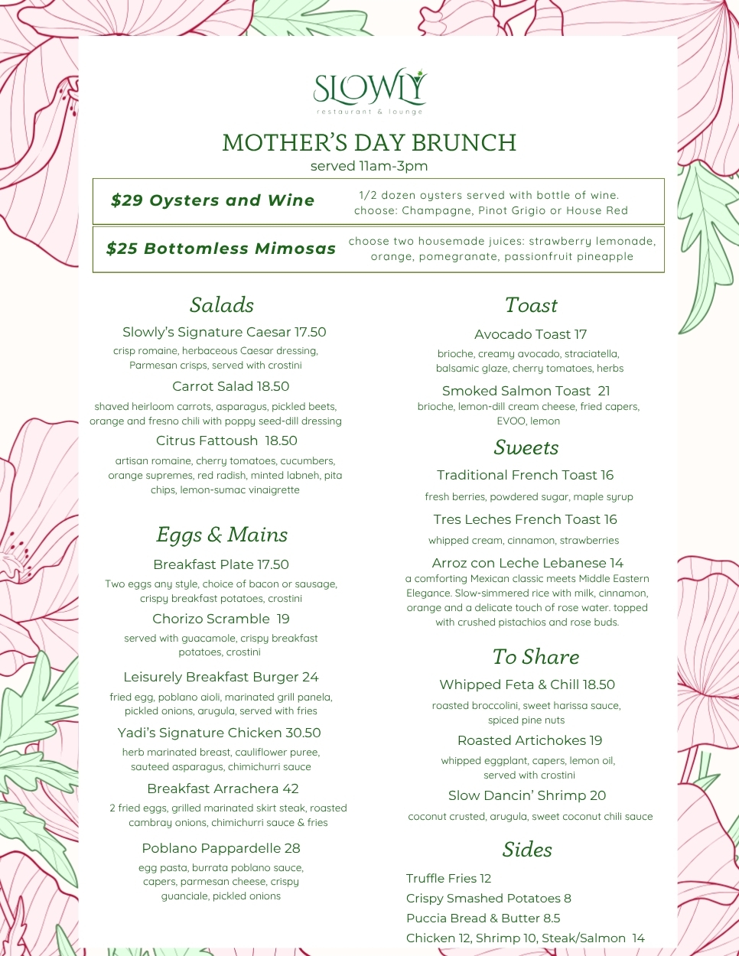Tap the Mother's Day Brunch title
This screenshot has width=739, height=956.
[x=369, y=143]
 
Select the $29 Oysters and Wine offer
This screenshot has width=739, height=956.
[x=213, y=200]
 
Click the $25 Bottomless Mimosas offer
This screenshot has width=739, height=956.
[x=221, y=249]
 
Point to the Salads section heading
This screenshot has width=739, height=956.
[x=222, y=305]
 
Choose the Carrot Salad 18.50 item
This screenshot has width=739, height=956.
[x=230, y=386]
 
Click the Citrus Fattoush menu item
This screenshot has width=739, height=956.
[x=226, y=441]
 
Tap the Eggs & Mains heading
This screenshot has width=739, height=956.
[x=222, y=535]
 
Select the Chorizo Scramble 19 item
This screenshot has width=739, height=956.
[x=221, y=619]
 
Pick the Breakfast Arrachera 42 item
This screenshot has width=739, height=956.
[x=223, y=789]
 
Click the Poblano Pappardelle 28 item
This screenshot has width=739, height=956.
[x=221, y=848]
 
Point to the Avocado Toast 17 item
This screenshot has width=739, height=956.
[x=530, y=334]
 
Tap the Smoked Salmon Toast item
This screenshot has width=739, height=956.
[x=526, y=391]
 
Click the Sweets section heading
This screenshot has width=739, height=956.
[x=526, y=447]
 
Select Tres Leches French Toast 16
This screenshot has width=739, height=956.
[x=525, y=519]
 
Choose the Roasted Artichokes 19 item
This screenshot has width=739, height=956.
[x=529, y=740]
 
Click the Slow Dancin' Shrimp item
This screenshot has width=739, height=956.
[x=527, y=795]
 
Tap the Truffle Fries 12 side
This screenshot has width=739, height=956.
[x=448, y=878]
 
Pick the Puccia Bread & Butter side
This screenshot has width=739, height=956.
[x=483, y=918]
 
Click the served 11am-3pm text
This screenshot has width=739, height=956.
[x=369, y=166]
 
